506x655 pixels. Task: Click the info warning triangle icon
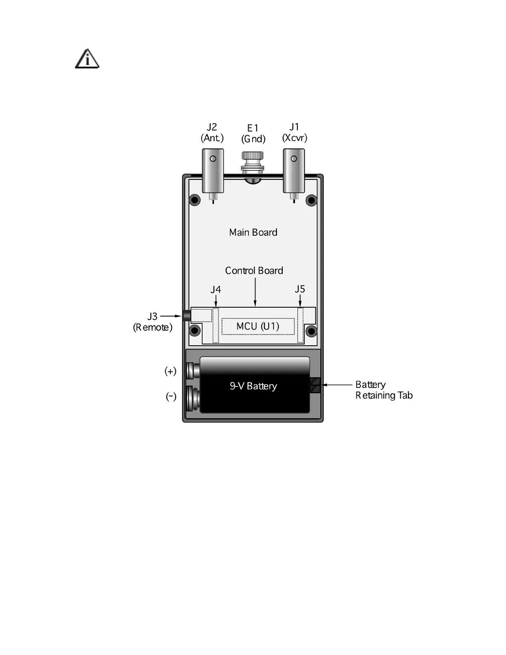point(87,59)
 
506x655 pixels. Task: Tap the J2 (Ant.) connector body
point(213,170)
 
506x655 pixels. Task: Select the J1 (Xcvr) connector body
point(294,170)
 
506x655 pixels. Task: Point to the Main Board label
point(253,232)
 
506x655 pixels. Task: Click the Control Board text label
point(254,270)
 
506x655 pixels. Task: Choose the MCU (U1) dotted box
point(258,326)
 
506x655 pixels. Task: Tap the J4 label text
point(215,289)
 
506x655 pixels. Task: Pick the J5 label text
point(300,289)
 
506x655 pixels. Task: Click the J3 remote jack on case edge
point(186,316)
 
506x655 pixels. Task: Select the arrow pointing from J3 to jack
point(170,316)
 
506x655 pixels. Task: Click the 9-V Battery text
point(253,386)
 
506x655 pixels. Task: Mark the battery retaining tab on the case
point(315,385)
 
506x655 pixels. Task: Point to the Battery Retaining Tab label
point(384,390)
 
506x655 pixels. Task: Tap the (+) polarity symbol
point(170,371)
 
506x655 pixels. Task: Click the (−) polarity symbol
point(171,397)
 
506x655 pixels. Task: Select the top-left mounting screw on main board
point(195,200)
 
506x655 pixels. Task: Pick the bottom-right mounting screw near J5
point(311,331)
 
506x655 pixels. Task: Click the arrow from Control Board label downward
point(255,292)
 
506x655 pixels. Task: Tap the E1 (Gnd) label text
point(253,134)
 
